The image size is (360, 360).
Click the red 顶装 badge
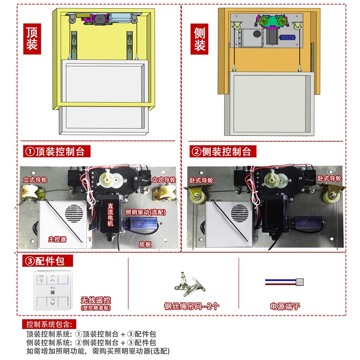tap(34, 40)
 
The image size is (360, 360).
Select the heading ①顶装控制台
tap(54, 151)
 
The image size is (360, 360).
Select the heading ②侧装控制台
tap(221, 151)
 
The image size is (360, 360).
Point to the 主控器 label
tap(57, 239)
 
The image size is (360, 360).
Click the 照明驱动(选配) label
tap(145, 212)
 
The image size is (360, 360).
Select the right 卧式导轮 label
tap(329, 179)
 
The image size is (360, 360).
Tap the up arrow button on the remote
tap(53, 280)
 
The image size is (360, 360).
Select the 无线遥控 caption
tap(96, 300)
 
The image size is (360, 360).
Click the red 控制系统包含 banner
tap(49, 324)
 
